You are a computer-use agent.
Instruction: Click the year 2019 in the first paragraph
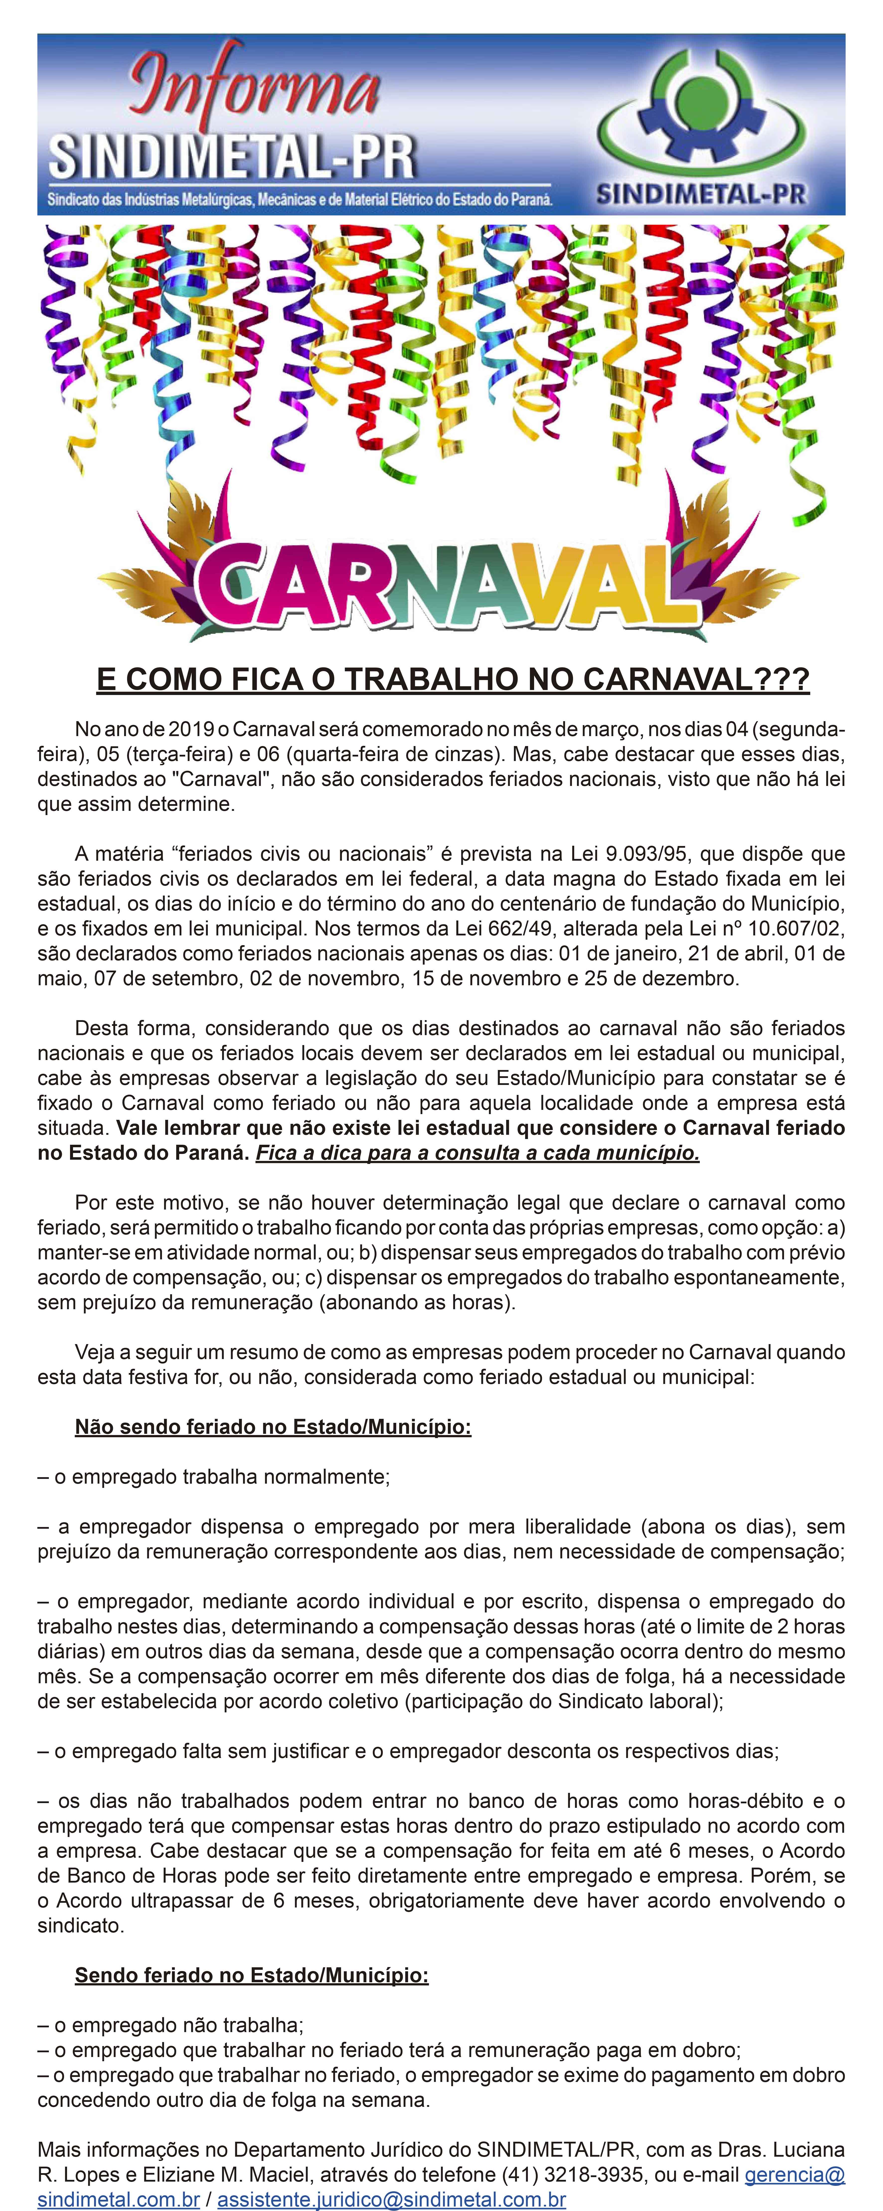190,730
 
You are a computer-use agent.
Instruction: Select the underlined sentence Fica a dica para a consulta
477,1153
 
